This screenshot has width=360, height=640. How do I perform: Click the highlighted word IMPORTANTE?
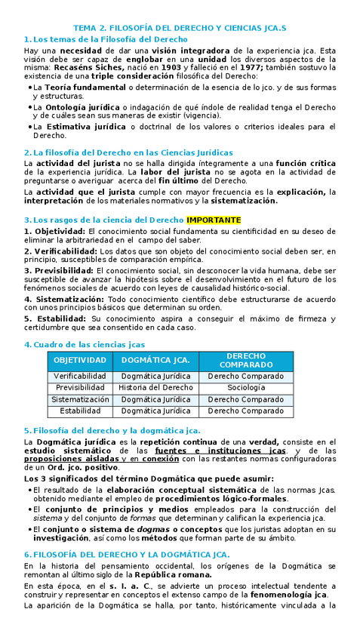pos(214,220)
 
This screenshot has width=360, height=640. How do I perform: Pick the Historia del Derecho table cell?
pos(155,387)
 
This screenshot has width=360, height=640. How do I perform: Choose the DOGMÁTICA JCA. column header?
pos(155,360)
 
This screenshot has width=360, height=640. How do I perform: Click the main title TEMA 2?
pos(180,28)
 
